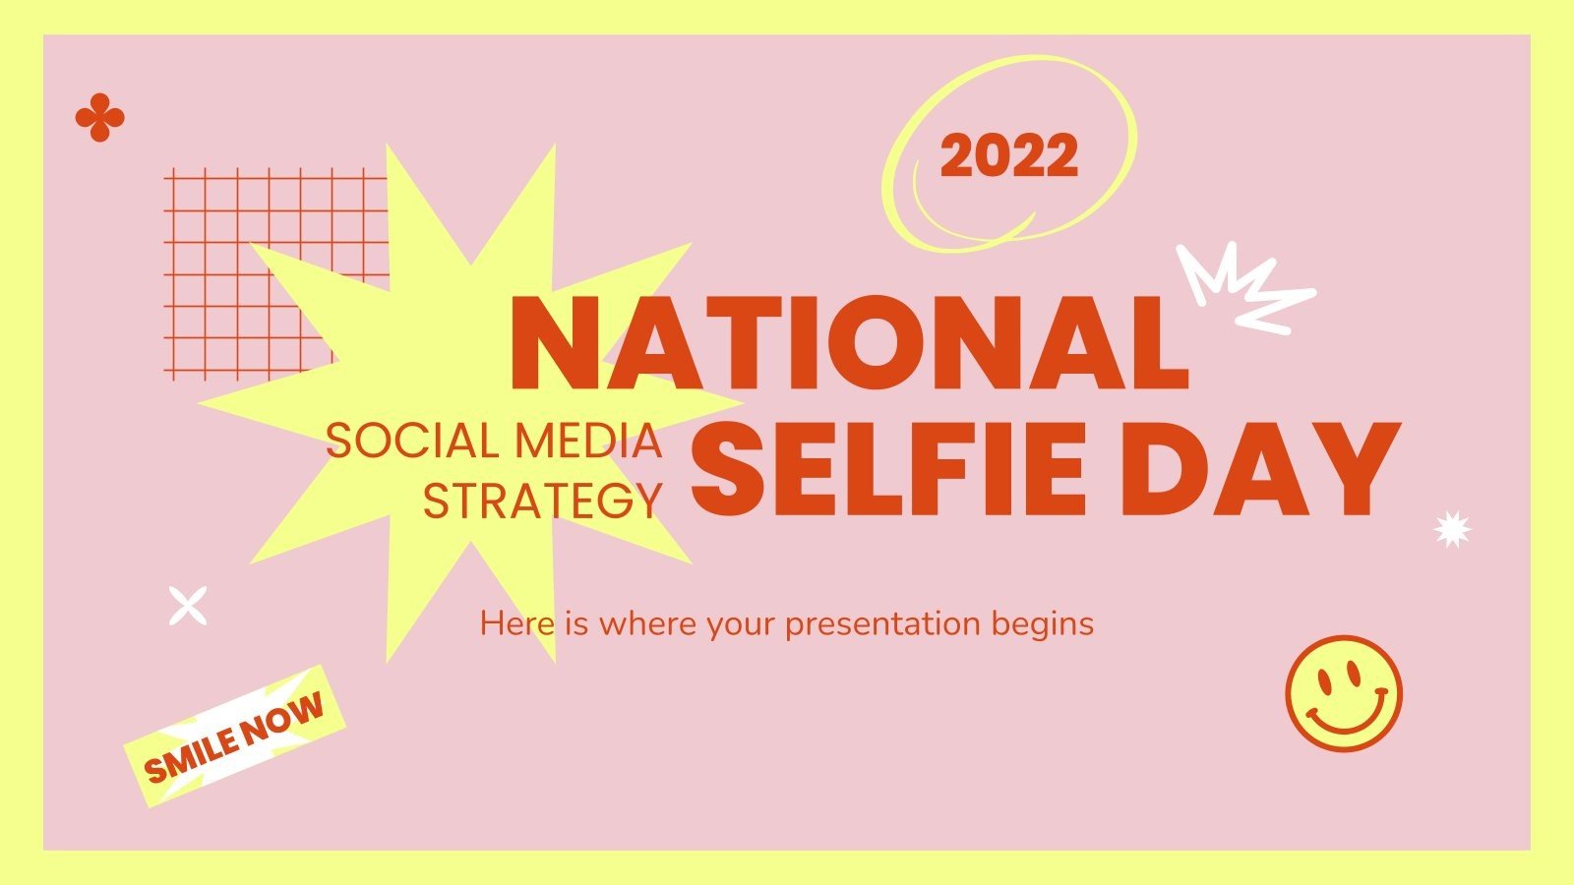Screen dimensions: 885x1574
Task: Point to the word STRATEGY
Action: point(542,501)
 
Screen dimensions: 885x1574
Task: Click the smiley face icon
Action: point(1343,693)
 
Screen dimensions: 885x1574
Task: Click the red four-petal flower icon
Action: point(99,118)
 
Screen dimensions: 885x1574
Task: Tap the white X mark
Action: point(187,606)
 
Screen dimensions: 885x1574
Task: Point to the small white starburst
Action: point(1452,529)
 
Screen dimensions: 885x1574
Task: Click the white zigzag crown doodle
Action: point(1241,286)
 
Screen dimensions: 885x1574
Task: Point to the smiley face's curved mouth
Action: point(1344,716)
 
